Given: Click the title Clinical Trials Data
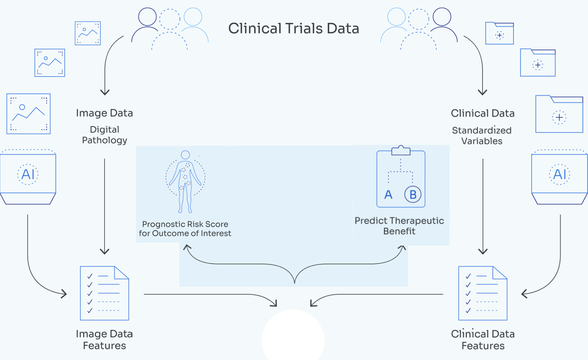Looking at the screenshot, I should pyautogui.click(x=293, y=29).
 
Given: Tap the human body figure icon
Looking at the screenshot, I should pyautogui.click(x=185, y=181).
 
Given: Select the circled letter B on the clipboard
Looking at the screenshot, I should pyautogui.click(x=412, y=194).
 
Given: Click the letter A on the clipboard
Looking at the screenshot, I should pyautogui.click(x=388, y=195).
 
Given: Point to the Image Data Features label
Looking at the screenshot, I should pyautogui.click(x=105, y=339).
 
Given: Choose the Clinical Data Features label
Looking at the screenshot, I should pyautogui.click(x=483, y=339).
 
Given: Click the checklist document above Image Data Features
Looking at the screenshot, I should pyautogui.click(x=105, y=293).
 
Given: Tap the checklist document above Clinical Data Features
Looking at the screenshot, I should pyautogui.click(x=483, y=293).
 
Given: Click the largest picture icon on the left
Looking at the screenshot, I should pyautogui.click(x=29, y=114).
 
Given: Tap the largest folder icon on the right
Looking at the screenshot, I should pyautogui.click(x=559, y=114).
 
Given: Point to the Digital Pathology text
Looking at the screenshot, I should pyautogui.click(x=105, y=135).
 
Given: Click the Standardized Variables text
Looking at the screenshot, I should pyautogui.click(x=482, y=136).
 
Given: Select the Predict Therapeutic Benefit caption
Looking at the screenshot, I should pyautogui.click(x=399, y=226).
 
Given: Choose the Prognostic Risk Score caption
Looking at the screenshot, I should pyautogui.click(x=185, y=228).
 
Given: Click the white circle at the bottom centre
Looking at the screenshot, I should pyautogui.click(x=293, y=336).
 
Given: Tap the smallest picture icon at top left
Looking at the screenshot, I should pyautogui.click(x=88, y=33).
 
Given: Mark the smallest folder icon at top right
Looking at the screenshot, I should pyautogui.click(x=499, y=33).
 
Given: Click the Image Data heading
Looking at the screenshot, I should pyautogui.click(x=105, y=113).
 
